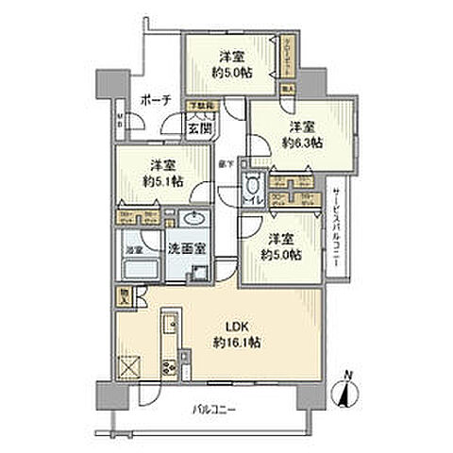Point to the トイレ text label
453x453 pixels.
[x=252, y=201]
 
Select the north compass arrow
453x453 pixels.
[x=349, y=395]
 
